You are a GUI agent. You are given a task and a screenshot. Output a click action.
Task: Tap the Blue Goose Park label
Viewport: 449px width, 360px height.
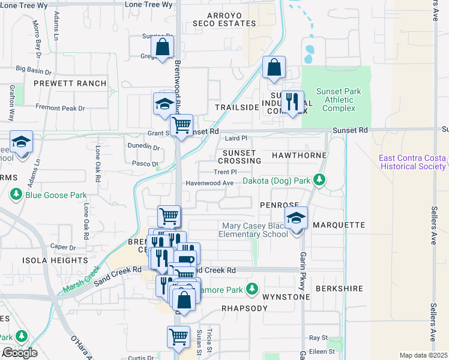tap(56, 195)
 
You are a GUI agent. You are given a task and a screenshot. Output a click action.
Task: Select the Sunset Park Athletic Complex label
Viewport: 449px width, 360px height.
tap(339, 100)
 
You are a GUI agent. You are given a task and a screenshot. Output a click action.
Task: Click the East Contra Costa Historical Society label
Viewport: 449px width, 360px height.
tap(413, 162)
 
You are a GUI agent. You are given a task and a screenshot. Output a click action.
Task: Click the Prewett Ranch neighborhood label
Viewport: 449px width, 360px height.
tap(70, 83)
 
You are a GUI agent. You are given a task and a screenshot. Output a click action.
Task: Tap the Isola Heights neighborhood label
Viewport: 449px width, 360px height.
tap(55, 260)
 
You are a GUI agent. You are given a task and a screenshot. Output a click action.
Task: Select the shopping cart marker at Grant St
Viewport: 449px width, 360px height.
tap(181, 125)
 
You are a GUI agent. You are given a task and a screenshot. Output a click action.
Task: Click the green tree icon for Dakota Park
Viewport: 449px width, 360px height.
tap(320, 179)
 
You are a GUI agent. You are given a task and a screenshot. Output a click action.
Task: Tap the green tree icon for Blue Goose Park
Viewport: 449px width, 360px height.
tap(16, 195)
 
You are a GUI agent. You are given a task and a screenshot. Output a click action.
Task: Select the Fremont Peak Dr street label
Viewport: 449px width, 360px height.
tap(61, 109)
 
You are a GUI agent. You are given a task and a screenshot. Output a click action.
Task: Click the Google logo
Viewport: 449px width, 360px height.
tap(19, 353)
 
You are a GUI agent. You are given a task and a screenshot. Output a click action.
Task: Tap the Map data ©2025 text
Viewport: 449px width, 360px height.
tap(423, 355)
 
